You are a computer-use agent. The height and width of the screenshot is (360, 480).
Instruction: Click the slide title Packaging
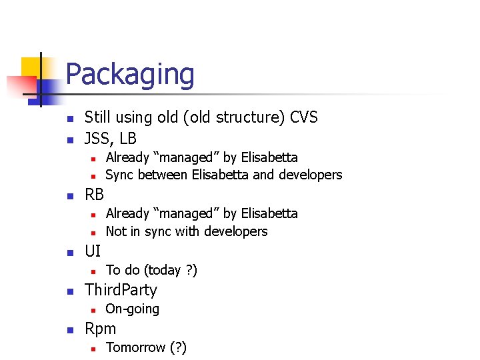pos(130,75)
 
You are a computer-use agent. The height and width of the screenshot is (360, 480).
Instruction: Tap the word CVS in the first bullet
pos(304,118)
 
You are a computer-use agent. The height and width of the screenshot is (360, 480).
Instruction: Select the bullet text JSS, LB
pos(111,138)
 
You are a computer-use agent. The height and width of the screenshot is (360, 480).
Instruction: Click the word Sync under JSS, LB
pos(120,175)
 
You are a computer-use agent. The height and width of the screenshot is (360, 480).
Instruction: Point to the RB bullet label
pos(95,195)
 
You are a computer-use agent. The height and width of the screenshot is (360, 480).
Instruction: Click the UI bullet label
pos(93,251)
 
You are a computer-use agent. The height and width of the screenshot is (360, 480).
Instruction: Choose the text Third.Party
pos(121,290)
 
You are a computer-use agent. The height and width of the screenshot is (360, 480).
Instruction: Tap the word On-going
pos(133,309)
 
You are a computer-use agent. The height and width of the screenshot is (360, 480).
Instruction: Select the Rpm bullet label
pos(100,329)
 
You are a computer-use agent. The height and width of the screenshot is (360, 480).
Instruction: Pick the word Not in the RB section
pos(115,231)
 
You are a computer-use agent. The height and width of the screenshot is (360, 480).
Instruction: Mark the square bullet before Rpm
pos(69,329)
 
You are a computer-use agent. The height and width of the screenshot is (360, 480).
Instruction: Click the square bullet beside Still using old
pos(69,119)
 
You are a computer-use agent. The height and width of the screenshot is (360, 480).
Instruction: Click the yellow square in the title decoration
pos(31,67)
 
